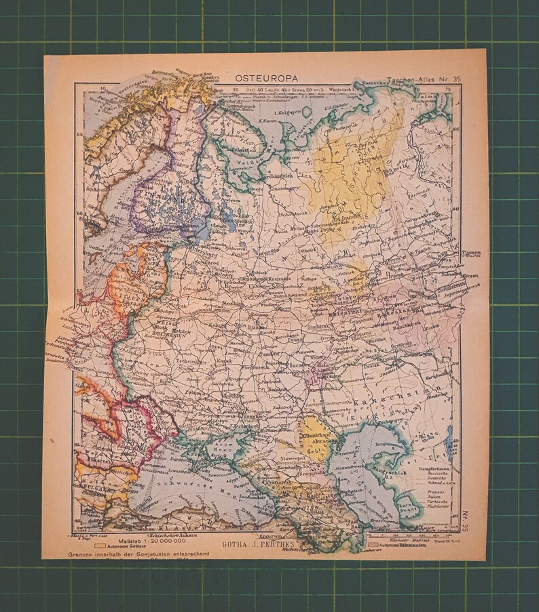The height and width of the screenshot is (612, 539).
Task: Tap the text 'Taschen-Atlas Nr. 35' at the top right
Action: (422, 80)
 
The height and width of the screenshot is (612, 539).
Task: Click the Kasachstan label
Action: (409, 395)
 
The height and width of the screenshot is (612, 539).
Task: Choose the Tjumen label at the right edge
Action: (470, 254)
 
